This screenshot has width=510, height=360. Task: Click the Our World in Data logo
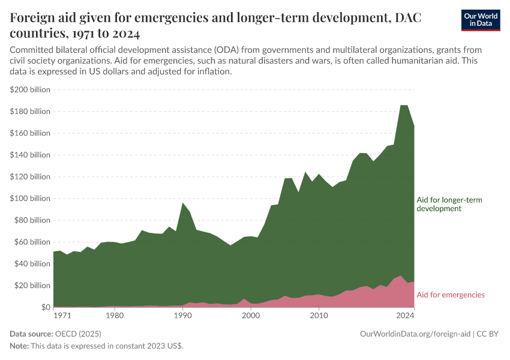(480, 20)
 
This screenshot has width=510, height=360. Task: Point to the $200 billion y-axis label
(30, 89)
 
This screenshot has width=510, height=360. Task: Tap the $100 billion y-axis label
(30, 199)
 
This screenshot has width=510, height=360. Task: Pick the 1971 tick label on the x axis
(62, 315)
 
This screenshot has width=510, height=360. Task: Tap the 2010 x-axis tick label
(319, 315)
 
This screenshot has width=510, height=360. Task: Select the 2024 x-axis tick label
(405, 315)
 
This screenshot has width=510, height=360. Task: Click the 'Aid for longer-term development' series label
(449, 204)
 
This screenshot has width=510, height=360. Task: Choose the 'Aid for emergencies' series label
(450, 295)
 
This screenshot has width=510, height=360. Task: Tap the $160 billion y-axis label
(30, 133)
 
